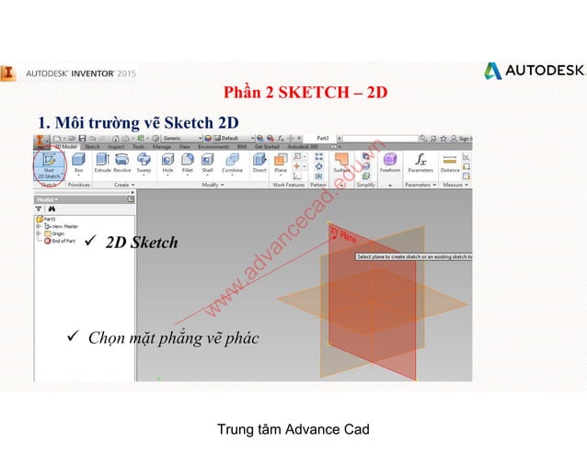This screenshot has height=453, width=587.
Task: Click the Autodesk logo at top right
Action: coord(534,71)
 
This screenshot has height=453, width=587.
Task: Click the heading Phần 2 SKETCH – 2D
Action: coord(305,92)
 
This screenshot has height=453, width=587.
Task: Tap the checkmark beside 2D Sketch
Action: coord(90,242)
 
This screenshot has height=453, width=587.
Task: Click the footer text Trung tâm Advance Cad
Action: coord(293,429)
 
